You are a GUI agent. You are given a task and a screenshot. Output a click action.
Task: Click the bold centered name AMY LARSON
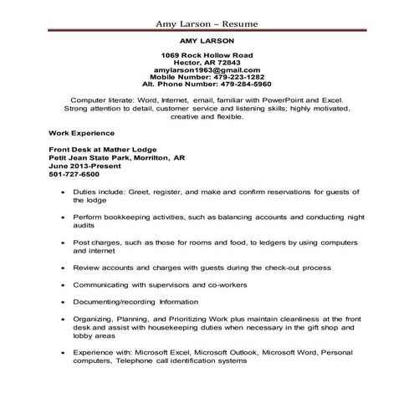tap(207, 39)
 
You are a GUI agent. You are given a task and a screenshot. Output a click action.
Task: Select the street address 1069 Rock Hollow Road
tap(207, 54)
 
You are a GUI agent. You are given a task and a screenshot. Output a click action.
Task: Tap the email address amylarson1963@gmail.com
tap(207, 69)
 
